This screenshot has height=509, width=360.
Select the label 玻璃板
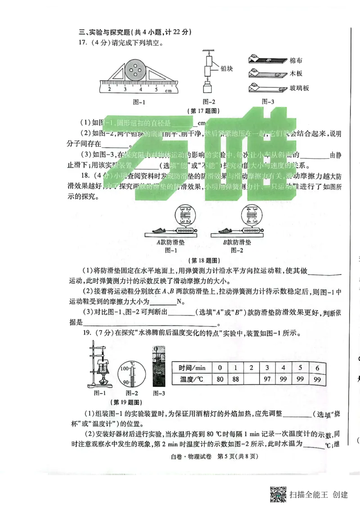pyautogui.click(x=299, y=88)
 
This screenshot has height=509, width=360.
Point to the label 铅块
pyautogui.click(x=226, y=68)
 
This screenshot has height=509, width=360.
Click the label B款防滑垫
pyautogui.click(x=237, y=243)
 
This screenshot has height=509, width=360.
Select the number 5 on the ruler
pyautogui.click(x=156, y=89)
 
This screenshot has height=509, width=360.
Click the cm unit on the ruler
pyautogui.click(x=169, y=91)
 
